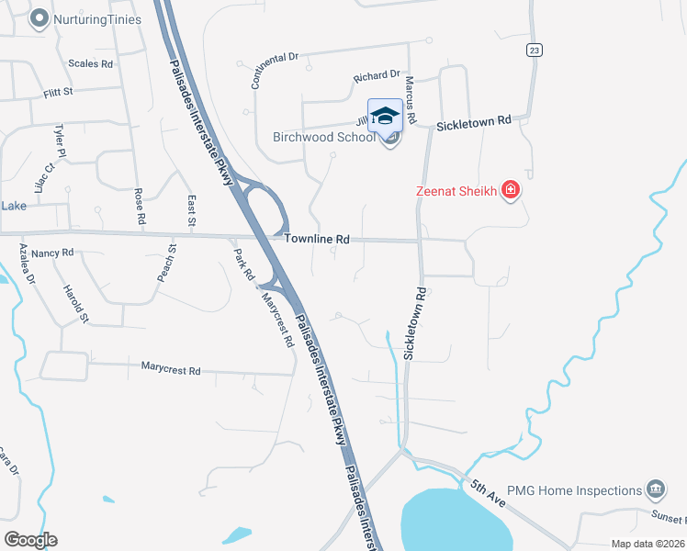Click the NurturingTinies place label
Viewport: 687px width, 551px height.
(x=97, y=18)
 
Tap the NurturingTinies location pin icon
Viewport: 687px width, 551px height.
(x=39, y=18)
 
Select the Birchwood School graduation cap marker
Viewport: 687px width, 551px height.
(x=386, y=116)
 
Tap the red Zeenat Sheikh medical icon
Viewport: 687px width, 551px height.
(x=512, y=191)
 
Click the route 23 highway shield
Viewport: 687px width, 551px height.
(x=534, y=50)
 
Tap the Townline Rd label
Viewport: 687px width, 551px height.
(x=317, y=239)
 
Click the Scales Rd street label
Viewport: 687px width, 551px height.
(x=90, y=64)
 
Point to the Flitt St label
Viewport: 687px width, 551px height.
(x=58, y=94)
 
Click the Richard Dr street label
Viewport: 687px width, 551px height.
(x=377, y=75)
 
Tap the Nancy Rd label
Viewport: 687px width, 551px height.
(x=52, y=253)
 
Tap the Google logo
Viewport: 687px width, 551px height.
(x=30, y=540)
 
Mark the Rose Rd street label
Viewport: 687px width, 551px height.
(x=141, y=208)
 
